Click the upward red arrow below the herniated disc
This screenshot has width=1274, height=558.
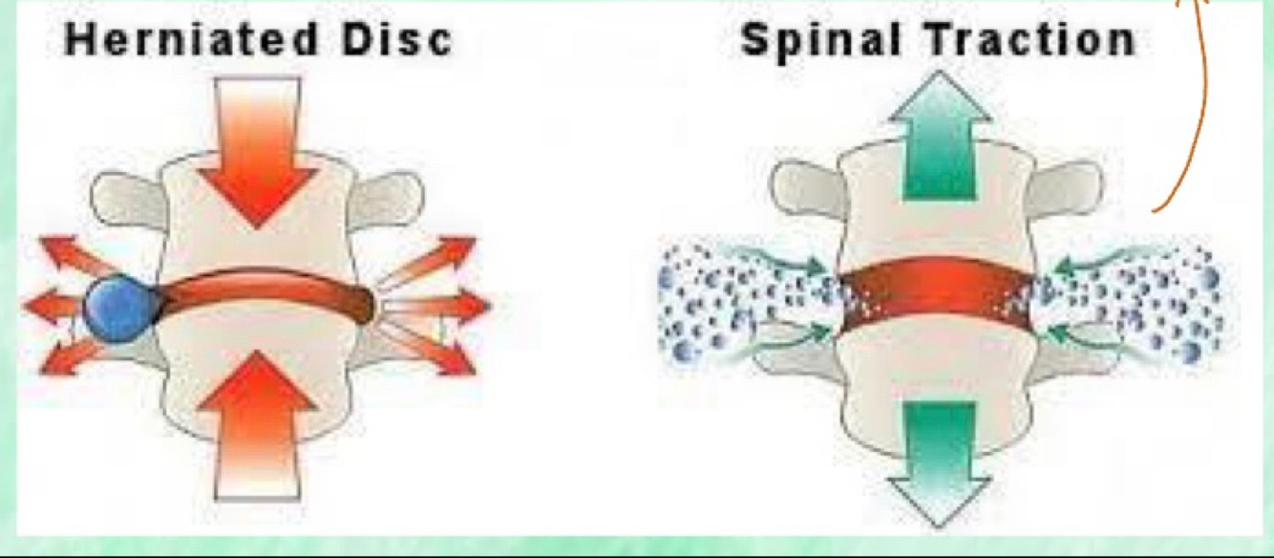pos(256,425)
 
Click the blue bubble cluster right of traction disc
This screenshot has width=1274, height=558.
pos(1141,301)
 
